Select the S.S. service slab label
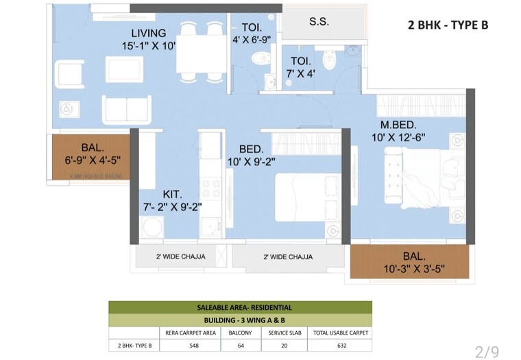318,22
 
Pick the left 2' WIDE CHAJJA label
176,257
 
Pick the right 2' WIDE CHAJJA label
288,257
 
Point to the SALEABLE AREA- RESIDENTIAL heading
240,307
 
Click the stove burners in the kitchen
208,188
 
